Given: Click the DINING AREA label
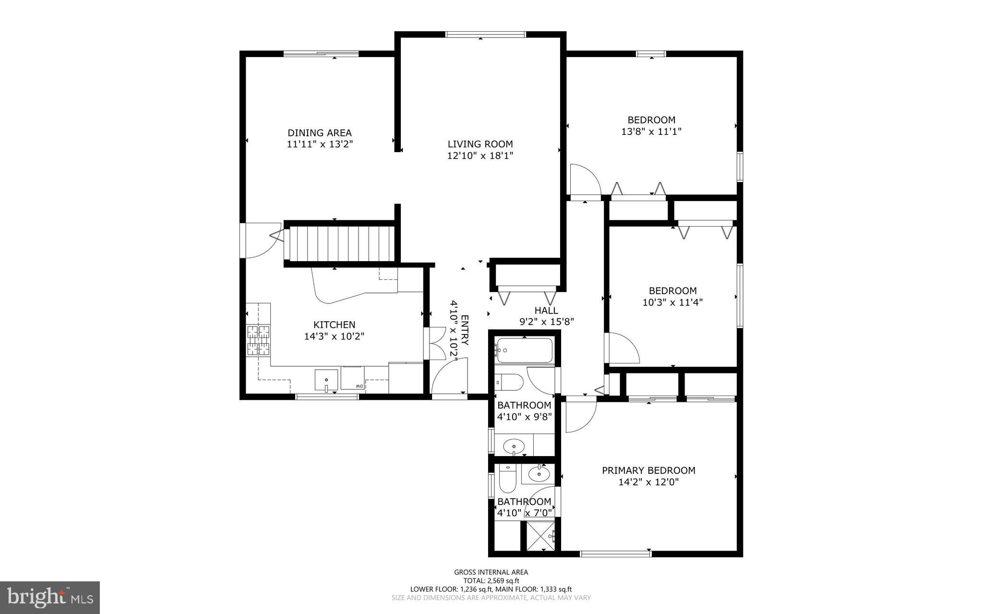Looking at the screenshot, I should click(319, 133).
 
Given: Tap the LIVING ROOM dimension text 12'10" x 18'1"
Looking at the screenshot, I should click(480, 156).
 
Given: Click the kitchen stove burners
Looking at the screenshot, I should click(258, 340).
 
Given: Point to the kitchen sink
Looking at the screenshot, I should click(326, 380).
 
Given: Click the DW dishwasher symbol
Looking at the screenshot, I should click(359, 386).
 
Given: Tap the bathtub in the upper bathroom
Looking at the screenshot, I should click(525, 350).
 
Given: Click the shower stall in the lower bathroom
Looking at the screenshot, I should click(541, 536).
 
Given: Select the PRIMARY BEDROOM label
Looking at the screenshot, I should click(648, 470).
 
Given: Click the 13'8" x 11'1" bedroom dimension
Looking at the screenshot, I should click(651, 131).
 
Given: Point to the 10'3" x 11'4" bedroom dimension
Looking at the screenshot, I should click(672, 302).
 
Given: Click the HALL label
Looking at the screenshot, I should click(546, 311).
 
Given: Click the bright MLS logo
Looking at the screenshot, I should click(50, 597).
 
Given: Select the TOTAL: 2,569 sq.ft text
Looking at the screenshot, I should click(491, 580).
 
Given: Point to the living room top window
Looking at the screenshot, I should click(485, 34).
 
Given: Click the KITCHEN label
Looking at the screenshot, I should click(334, 325).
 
